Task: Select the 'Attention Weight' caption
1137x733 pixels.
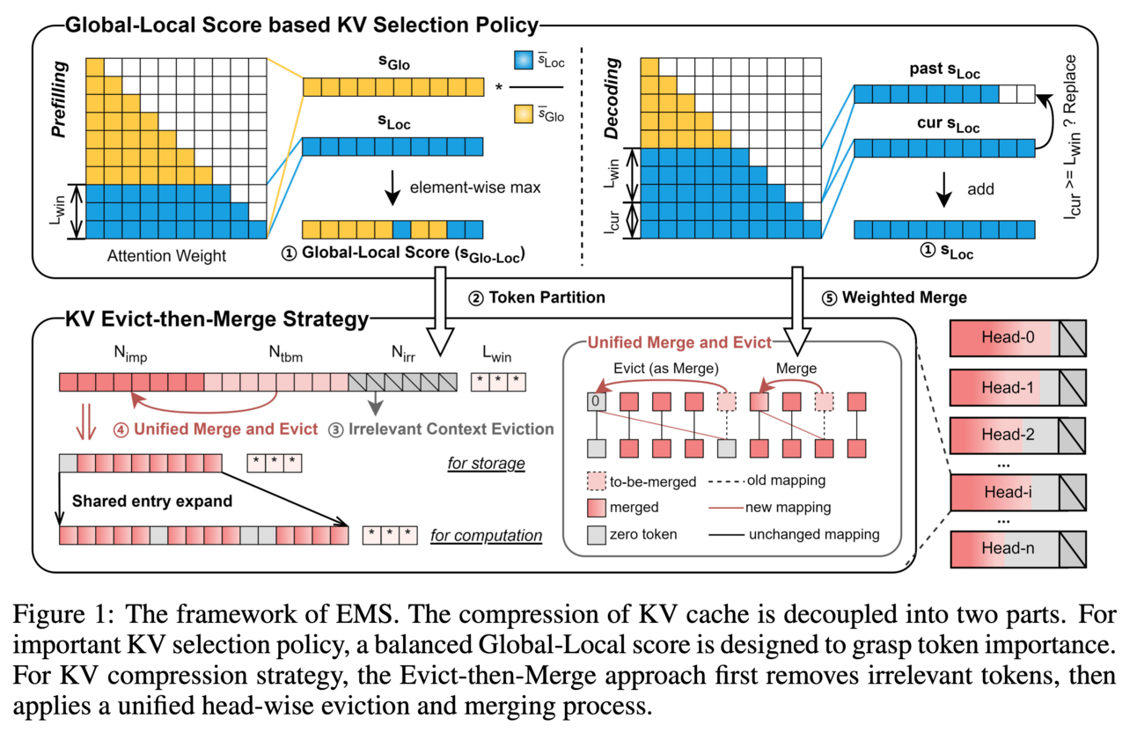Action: pos(166,257)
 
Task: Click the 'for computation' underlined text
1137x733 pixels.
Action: pos(486,535)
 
